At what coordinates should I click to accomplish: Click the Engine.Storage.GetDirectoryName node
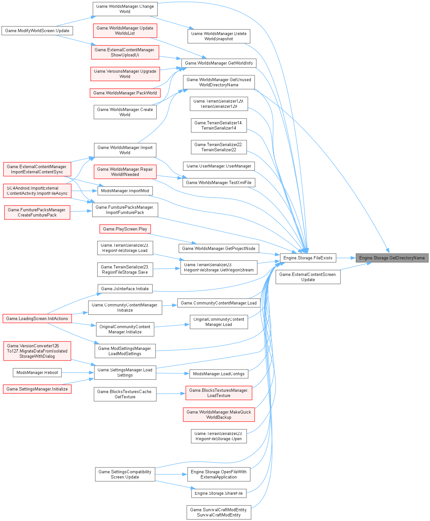pos(392,258)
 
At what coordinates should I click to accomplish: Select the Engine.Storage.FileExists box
pos(308,258)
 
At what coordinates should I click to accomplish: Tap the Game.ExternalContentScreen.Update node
pos(308,277)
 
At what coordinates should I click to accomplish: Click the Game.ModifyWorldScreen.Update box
pos(37,31)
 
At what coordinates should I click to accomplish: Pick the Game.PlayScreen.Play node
pos(125,229)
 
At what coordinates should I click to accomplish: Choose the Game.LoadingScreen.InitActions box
pos(37,319)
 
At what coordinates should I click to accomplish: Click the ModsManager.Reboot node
pos(37,373)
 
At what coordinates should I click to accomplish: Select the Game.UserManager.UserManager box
pos(219,166)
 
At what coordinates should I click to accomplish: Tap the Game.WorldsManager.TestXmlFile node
pos(219,183)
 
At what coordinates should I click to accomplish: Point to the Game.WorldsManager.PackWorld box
pos(125,93)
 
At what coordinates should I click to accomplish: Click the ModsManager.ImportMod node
pos(125,191)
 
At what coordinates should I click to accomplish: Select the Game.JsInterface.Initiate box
pos(125,289)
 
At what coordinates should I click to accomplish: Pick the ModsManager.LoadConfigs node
pos(219,374)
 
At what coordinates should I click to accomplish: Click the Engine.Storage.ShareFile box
pos(219,493)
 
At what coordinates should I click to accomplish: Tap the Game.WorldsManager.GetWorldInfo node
pos(219,63)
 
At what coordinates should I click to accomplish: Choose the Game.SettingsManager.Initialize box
pos(37,389)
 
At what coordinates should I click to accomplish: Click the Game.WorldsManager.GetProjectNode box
pos(219,249)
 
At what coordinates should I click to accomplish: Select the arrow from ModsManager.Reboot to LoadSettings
pos(78,373)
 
